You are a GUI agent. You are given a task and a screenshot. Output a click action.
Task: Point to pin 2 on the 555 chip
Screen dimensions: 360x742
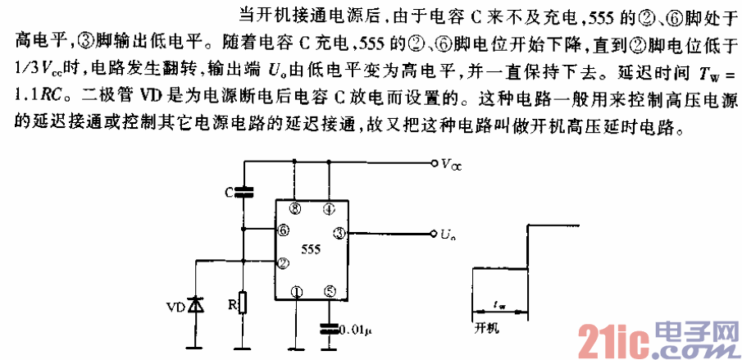[283, 262]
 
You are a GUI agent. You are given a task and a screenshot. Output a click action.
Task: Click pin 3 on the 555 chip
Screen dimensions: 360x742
[339, 233]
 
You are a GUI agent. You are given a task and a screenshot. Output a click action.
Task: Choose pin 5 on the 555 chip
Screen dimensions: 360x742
[329, 289]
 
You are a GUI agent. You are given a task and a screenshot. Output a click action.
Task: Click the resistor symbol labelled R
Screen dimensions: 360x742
[244, 303]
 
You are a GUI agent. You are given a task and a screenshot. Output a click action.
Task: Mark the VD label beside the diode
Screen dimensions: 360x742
[175, 308]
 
